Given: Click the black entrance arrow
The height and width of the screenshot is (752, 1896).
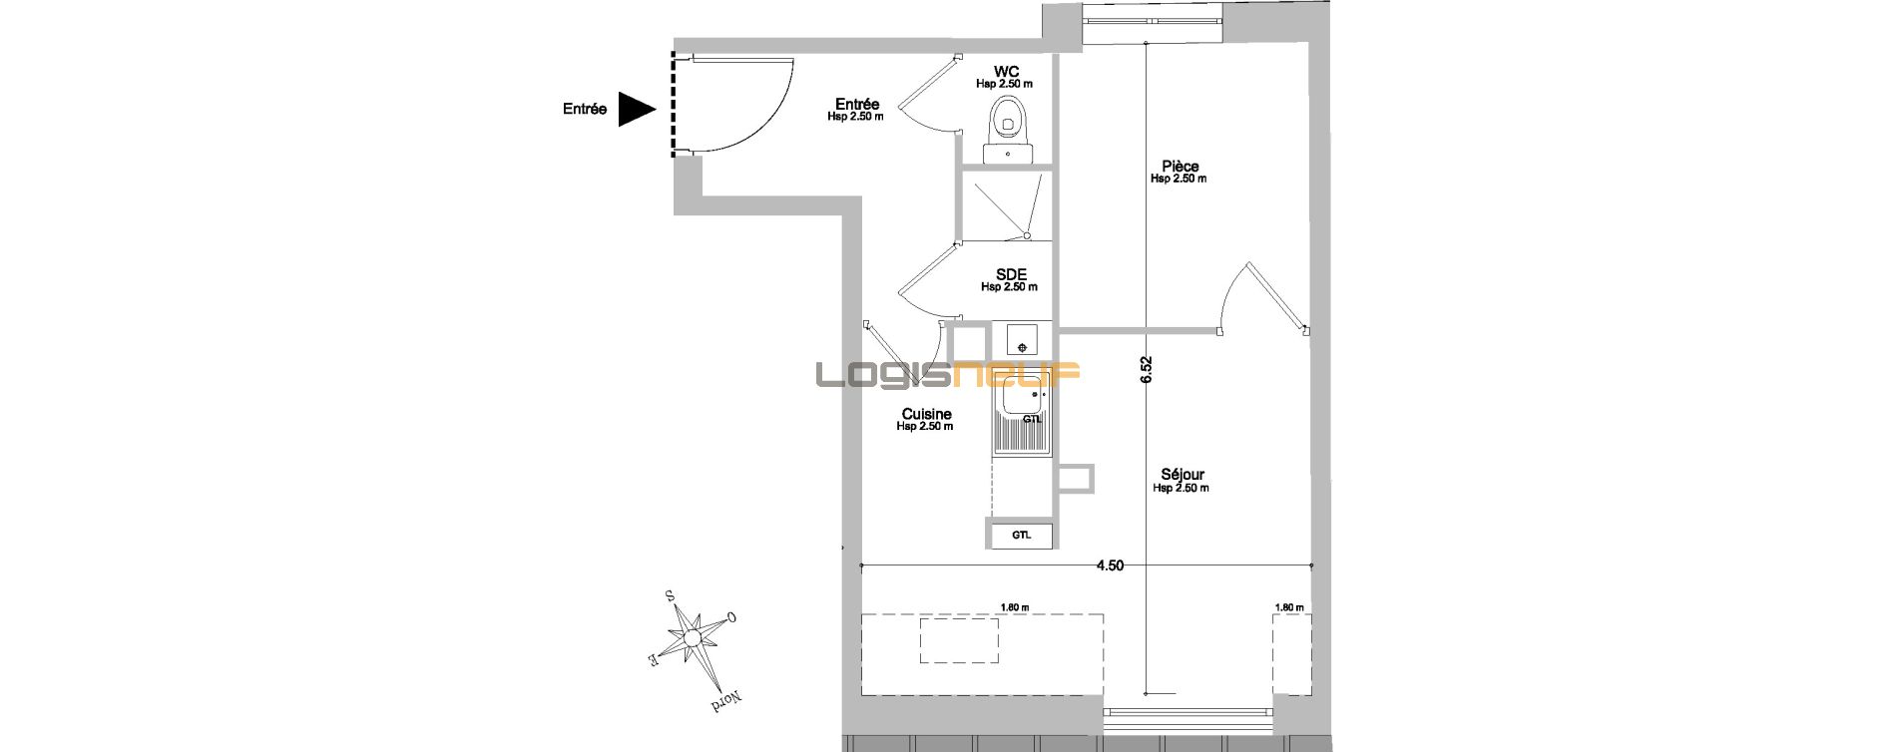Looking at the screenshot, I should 634,110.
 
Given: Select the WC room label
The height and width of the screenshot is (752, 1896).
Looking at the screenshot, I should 1006,71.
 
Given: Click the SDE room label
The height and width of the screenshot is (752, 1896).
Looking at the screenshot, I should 1011,274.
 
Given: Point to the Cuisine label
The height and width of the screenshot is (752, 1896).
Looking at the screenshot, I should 926,415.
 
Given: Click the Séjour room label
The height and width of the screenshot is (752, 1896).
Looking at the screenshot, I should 1183,475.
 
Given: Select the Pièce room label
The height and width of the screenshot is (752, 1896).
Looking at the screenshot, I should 1181,167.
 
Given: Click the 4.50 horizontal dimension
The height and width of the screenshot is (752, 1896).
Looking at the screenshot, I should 1110,565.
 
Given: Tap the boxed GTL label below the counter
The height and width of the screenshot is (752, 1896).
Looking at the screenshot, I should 1021,535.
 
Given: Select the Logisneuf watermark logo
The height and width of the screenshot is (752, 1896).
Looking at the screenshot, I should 948,375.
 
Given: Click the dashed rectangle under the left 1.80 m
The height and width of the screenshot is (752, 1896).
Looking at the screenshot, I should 958,640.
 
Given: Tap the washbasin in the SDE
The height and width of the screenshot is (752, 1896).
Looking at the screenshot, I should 1022,339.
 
